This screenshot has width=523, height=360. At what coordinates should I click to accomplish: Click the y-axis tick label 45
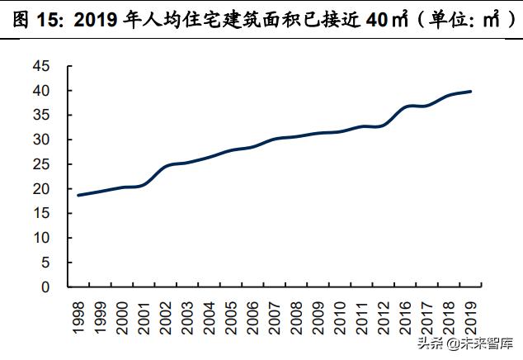click(x=41, y=65)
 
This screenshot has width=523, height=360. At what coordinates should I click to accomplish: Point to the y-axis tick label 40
click(x=41, y=90)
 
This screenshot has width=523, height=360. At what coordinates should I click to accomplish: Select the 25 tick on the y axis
click(x=41, y=164)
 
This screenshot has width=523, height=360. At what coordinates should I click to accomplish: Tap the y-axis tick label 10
click(x=41, y=238)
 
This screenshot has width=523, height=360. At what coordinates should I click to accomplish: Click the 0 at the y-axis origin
click(x=45, y=287)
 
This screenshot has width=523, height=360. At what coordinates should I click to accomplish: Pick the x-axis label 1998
click(x=78, y=318)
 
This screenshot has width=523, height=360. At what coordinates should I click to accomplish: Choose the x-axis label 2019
click(x=471, y=318)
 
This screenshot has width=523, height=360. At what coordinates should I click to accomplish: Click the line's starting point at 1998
click(x=78, y=195)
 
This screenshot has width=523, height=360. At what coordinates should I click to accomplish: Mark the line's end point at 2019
click(x=471, y=91)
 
